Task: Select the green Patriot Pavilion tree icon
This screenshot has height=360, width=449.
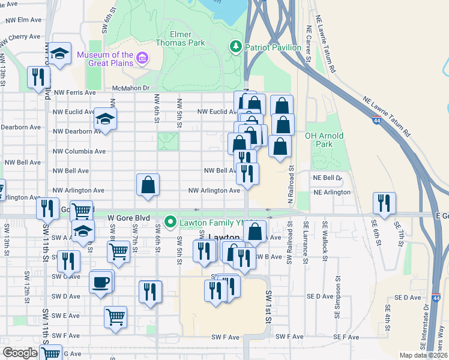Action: [x=236, y=46]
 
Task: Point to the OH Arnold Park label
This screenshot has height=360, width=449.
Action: [x=324, y=140]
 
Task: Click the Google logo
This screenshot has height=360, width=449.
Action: [x=20, y=353]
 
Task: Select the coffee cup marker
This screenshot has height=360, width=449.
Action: [x=100, y=281]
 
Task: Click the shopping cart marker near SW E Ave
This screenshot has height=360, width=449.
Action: [x=115, y=316]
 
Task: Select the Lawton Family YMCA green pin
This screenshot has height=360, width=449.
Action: [x=170, y=223]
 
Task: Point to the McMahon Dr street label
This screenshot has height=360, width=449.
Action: [x=130, y=88]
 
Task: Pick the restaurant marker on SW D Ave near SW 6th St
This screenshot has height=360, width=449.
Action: [x=149, y=291]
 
